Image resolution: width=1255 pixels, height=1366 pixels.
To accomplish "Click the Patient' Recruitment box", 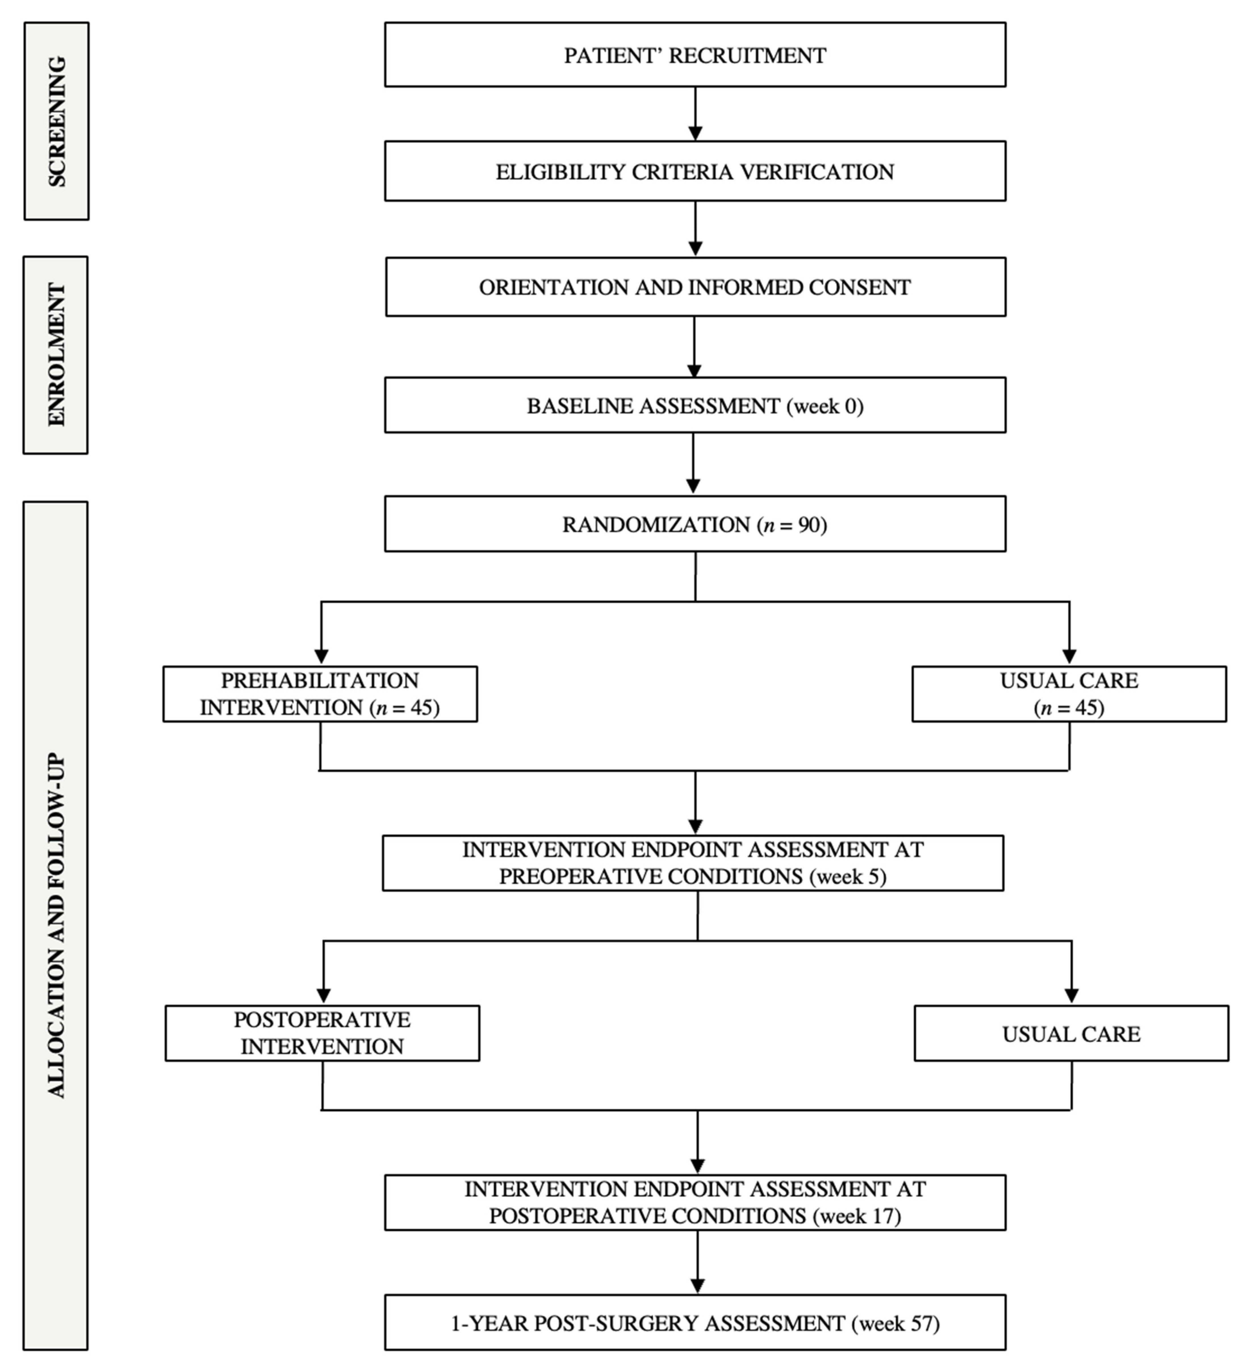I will pos(695,55).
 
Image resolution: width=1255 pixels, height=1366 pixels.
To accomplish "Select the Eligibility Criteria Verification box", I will pos(695,171).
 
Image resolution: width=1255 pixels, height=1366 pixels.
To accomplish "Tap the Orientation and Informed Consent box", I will pos(695,287).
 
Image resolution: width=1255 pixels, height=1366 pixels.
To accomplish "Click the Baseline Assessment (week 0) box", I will pos(695,405).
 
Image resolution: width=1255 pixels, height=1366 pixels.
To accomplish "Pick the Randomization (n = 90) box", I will pos(695,524).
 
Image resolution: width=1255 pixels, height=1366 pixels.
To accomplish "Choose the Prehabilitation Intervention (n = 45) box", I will pos(320,694).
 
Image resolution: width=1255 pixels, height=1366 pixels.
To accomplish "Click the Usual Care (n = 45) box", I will pos(1069,694).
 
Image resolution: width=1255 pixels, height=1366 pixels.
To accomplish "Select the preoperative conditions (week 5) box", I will pos(693,863).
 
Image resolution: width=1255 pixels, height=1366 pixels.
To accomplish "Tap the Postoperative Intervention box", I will pos(322,1033).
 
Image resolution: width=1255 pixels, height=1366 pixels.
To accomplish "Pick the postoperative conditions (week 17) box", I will pos(695,1202).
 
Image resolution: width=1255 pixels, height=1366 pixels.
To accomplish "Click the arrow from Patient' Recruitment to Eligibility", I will pos(695,114).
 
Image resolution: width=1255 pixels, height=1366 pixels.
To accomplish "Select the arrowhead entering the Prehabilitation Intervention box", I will pos(321,657).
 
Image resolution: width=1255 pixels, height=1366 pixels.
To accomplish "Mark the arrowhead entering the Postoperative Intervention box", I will pos(323,995).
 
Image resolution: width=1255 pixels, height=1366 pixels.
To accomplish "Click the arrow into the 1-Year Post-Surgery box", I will pos(697,1263).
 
